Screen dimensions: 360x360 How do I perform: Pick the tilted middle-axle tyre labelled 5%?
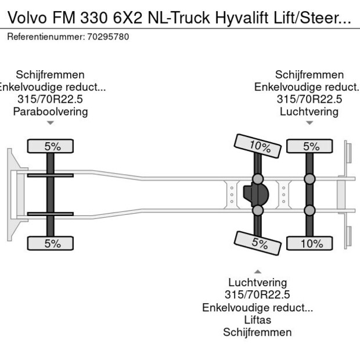pyautogui.click(x=255, y=242)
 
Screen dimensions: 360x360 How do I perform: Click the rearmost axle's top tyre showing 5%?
pyautogui.click(x=311, y=146)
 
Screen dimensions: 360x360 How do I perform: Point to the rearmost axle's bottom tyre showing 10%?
pyautogui.click(x=311, y=244)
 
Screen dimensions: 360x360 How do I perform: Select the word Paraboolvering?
pyautogui.click(x=51, y=111)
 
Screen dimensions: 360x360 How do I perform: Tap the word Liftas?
pyautogui.click(x=257, y=320)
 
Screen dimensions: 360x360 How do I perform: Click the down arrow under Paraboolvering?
pyautogui.click(x=51, y=123)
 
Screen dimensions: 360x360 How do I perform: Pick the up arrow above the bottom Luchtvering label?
pyautogui.click(x=257, y=271)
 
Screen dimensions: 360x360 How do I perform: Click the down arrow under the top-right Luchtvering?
pyautogui.click(x=309, y=123)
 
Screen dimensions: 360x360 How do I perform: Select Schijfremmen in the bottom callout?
pyautogui.click(x=257, y=332)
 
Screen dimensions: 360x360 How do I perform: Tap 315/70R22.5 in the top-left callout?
pyautogui.click(x=51, y=99)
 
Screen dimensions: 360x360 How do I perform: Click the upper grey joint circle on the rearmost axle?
pyautogui.click(x=311, y=179)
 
